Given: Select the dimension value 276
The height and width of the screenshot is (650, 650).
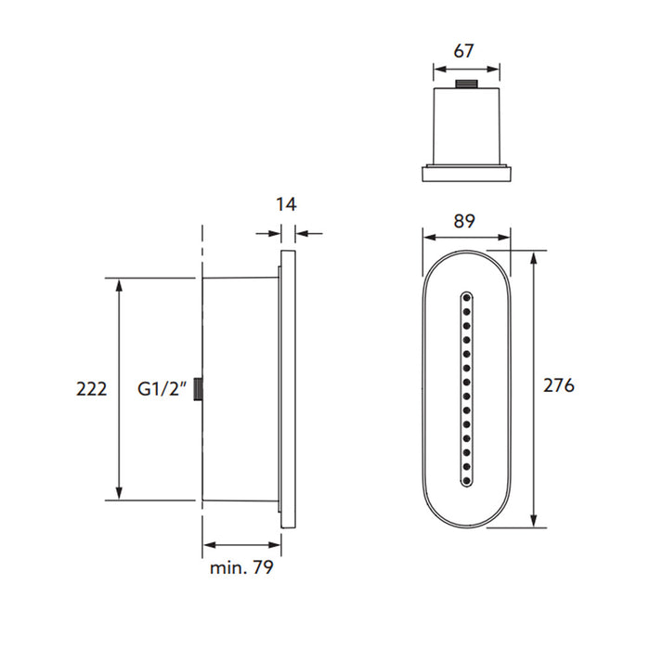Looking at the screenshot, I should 558,384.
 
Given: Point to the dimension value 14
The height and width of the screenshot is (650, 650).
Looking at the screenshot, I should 287,204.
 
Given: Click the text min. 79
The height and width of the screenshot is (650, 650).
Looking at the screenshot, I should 240,568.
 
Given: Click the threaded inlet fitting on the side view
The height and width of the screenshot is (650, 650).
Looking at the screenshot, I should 198,389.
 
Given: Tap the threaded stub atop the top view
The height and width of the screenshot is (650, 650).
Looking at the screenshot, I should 466,86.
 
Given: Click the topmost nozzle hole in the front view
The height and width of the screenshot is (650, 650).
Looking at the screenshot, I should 466,297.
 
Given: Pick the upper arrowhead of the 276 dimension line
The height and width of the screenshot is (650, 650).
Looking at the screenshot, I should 534,256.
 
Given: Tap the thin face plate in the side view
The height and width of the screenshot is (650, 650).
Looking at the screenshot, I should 287,390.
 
